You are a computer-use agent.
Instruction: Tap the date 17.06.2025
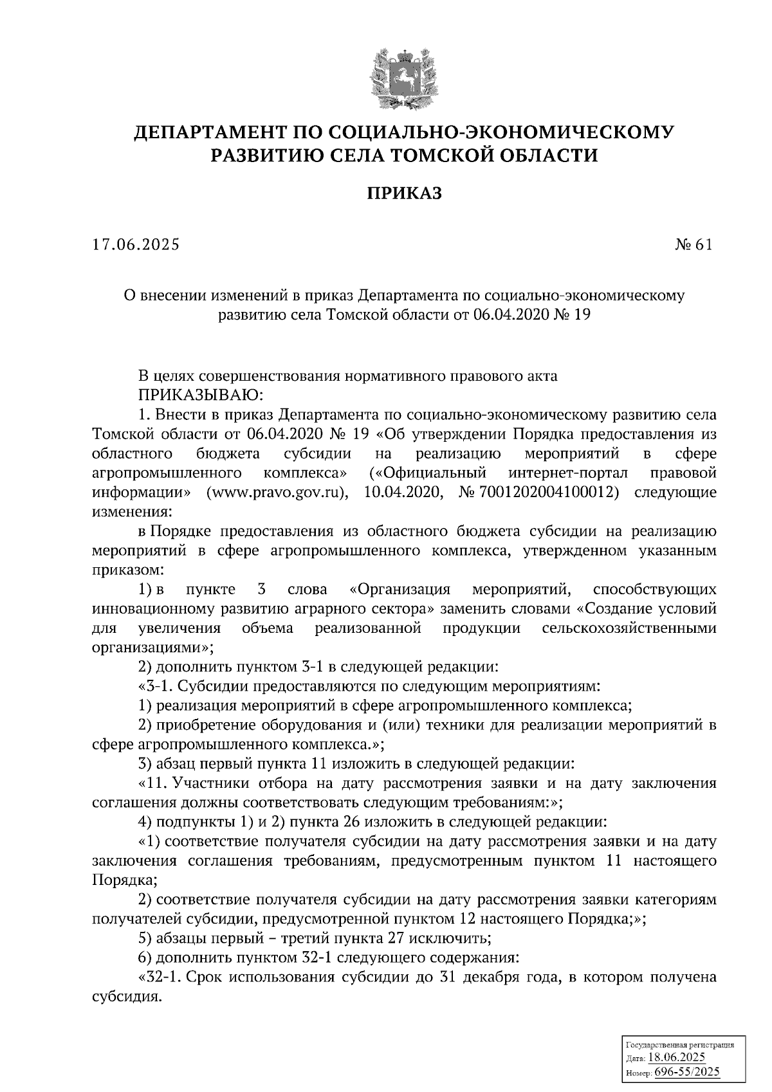click(x=136, y=245)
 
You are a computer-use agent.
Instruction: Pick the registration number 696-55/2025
click(x=687, y=1072)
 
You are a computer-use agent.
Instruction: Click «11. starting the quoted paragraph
click(x=154, y=783)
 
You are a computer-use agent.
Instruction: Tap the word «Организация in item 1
click(x=399, y=590)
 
